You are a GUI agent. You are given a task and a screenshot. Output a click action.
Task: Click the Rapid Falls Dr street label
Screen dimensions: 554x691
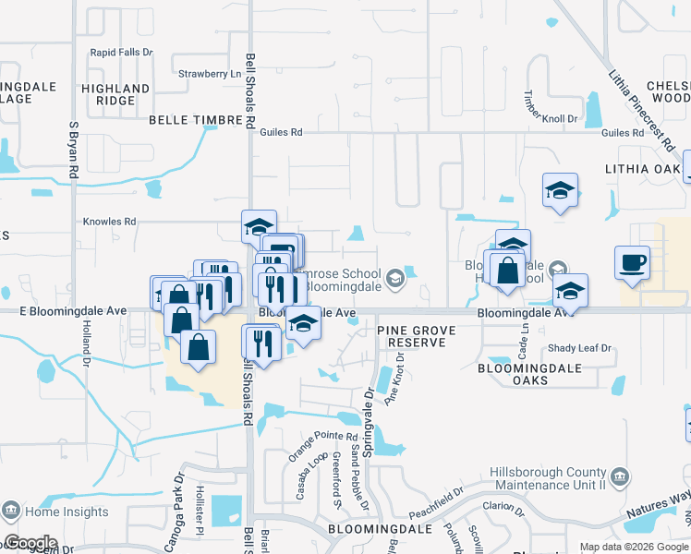point(121,53)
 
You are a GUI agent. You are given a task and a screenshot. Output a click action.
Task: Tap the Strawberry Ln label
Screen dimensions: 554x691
point(202,74)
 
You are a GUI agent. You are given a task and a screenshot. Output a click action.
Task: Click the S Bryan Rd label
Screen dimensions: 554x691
point(73,150)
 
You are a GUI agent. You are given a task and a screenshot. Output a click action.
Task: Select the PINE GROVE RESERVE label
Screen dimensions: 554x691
point(411,336)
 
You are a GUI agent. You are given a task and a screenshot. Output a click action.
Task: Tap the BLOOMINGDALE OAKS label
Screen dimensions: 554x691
point(526,374)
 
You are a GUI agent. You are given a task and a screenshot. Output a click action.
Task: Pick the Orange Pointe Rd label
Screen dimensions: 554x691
point(322,443)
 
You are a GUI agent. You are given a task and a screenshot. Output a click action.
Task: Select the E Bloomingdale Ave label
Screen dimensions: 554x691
point(73,311)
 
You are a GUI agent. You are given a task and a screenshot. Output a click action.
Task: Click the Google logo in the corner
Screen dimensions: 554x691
point(30,543)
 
